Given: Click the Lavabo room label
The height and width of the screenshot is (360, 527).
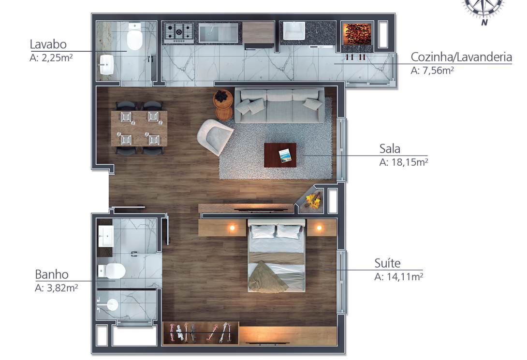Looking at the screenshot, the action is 48,44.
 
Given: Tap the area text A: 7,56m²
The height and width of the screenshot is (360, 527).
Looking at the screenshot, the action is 432,70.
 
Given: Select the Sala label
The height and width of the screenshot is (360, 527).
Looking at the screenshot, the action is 390,148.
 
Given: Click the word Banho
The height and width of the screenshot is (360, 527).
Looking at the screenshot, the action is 52,274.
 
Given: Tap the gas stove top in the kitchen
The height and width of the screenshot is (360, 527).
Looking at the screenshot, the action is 179,32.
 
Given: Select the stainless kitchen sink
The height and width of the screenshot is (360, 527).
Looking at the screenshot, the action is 219,33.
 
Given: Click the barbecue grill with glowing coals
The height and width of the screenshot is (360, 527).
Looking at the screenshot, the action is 357,33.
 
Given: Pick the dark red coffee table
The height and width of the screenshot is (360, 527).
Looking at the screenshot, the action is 280,155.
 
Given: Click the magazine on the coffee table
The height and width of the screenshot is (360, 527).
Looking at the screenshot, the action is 285,156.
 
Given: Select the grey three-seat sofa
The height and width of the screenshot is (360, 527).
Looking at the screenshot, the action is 279,105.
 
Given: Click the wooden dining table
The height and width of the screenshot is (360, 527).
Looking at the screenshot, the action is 139,128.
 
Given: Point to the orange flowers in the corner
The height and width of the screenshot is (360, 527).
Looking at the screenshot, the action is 313,201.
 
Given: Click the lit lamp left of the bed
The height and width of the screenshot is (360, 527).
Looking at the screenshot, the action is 232,228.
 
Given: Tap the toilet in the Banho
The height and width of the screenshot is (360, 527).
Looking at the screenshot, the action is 112,271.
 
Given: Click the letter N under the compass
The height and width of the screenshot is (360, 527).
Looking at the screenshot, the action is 484,23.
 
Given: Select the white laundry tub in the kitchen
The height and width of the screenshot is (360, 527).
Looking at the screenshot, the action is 294,31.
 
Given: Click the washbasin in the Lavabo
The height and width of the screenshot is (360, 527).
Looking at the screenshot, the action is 106,64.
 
